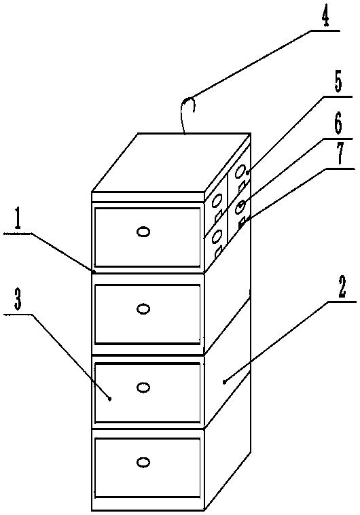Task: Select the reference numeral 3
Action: tap(18, 301)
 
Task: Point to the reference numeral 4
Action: tap(325, 18)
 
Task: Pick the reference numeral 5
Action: tap(338, 83)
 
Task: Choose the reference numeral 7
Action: tap(340, 154)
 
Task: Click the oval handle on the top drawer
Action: tap(143, 232)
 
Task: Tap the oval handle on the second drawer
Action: tap(143, 309)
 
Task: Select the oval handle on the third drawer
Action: tap(143, 387)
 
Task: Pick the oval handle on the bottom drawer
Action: tap(143, 463)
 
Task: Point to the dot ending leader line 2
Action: tap(224, 382)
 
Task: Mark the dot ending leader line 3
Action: tap(110, 399)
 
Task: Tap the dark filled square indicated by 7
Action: tap(240, 225)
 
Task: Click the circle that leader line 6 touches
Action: tap(240, 207)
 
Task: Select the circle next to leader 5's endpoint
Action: tap(240, 171)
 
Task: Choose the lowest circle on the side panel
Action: tap(217, 236)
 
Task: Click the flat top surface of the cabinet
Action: tap(170, 162)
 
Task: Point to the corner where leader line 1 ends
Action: tap(93, 271)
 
